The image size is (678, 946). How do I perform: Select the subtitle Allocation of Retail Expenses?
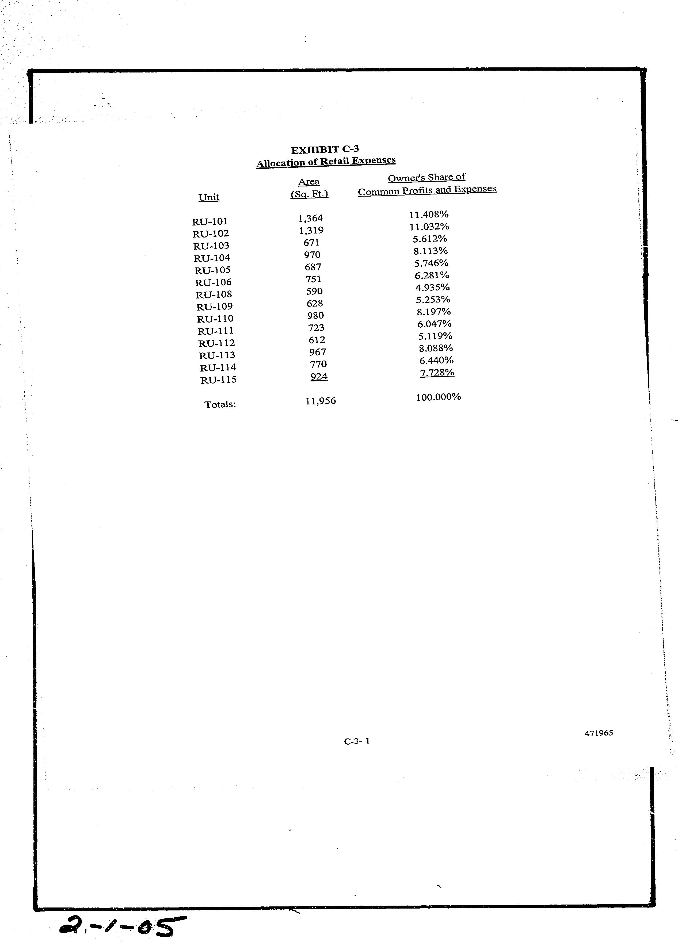[x=326, y=162]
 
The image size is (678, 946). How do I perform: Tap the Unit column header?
[x=209, y=197]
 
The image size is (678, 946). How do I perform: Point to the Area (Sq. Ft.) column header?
[x=309, y=188]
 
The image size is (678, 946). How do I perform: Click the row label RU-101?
[x=210, y=221]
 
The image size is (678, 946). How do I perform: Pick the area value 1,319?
[x=311, y=230]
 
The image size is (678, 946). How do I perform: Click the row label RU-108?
[x=214, y=294]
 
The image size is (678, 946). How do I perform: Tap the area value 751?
[x=313, y=279]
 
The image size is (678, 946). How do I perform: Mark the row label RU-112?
[x=216, y=343]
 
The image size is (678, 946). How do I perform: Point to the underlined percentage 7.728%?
[x=437, y=373]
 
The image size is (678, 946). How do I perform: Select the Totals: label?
[x=220, y=404]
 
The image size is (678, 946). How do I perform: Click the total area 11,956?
[x=321, y=401]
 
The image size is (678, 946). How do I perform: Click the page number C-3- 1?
[x=357, y=741]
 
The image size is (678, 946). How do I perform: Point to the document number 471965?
[x=599, y=733]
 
